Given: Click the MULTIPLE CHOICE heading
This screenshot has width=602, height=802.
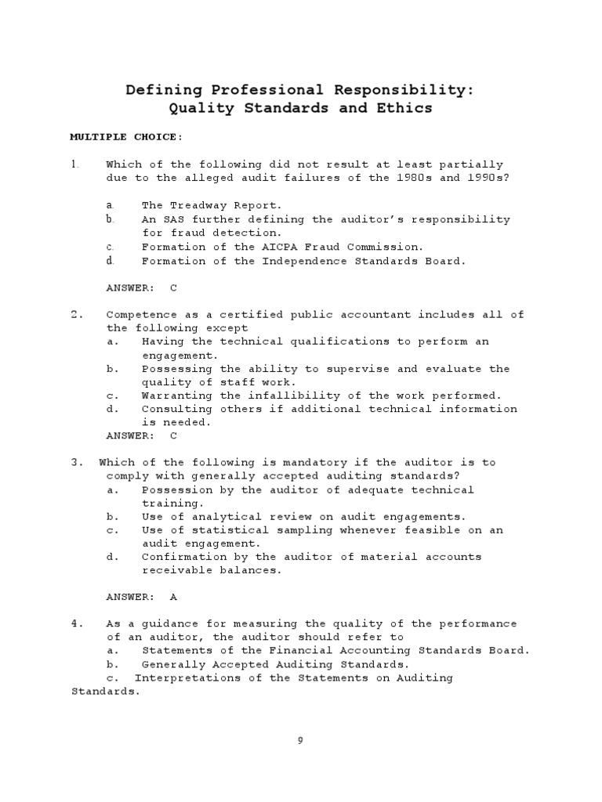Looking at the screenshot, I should click(126, 137).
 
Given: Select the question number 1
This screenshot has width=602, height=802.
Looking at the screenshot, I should click(75, 164).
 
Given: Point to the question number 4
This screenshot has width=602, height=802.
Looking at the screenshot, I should click(76, 623).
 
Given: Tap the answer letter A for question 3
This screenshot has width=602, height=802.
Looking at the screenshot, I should click(173, 597).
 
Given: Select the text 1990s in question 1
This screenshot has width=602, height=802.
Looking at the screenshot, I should click(482, 178).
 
